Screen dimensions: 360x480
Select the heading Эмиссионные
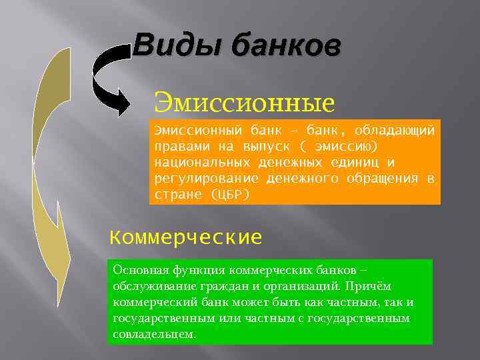pos(243,103)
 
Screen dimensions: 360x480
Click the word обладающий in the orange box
pos(395,129)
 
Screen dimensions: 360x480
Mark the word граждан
pos(213,286)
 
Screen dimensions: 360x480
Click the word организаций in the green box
pos(290,286)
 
